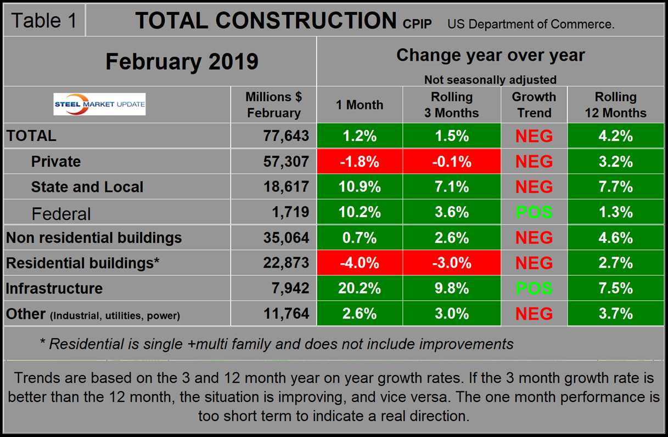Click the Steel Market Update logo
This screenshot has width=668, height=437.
99,104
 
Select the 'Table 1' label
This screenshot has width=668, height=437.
44,21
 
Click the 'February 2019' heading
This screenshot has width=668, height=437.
182,61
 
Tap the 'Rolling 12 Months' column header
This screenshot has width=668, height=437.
615,105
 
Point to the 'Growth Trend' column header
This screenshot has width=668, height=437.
534,105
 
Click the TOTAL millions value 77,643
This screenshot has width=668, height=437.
287,135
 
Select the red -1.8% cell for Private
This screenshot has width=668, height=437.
360,161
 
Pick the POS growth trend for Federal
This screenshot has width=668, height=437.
534,212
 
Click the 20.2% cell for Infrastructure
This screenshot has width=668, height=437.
360,288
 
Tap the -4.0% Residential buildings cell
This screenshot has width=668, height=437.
360,263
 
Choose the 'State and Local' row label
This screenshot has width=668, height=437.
87,187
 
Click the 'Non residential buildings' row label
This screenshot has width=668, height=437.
94,238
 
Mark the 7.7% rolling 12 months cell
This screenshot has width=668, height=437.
615,187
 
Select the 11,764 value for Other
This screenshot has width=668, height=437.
287,314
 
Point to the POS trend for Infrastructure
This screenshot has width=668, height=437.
534,288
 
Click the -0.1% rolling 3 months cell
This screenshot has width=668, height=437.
452,161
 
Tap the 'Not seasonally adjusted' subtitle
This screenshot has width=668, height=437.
490,80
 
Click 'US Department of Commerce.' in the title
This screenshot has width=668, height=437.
531,24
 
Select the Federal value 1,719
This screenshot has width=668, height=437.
291,212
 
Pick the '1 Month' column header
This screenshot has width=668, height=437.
360,105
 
